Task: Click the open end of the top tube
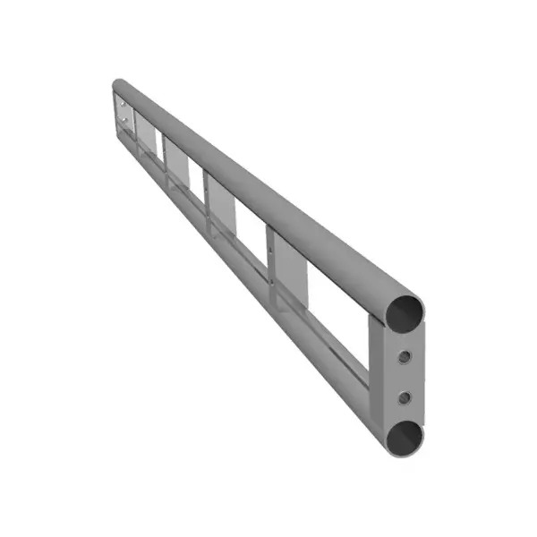tap(405, 311)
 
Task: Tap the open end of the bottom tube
tap(405, 438)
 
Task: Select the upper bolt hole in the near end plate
tap(405, 357)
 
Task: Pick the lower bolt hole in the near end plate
tap(405, 396)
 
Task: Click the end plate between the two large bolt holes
tap(405, 376)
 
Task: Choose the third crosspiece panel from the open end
tap(176, 163)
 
